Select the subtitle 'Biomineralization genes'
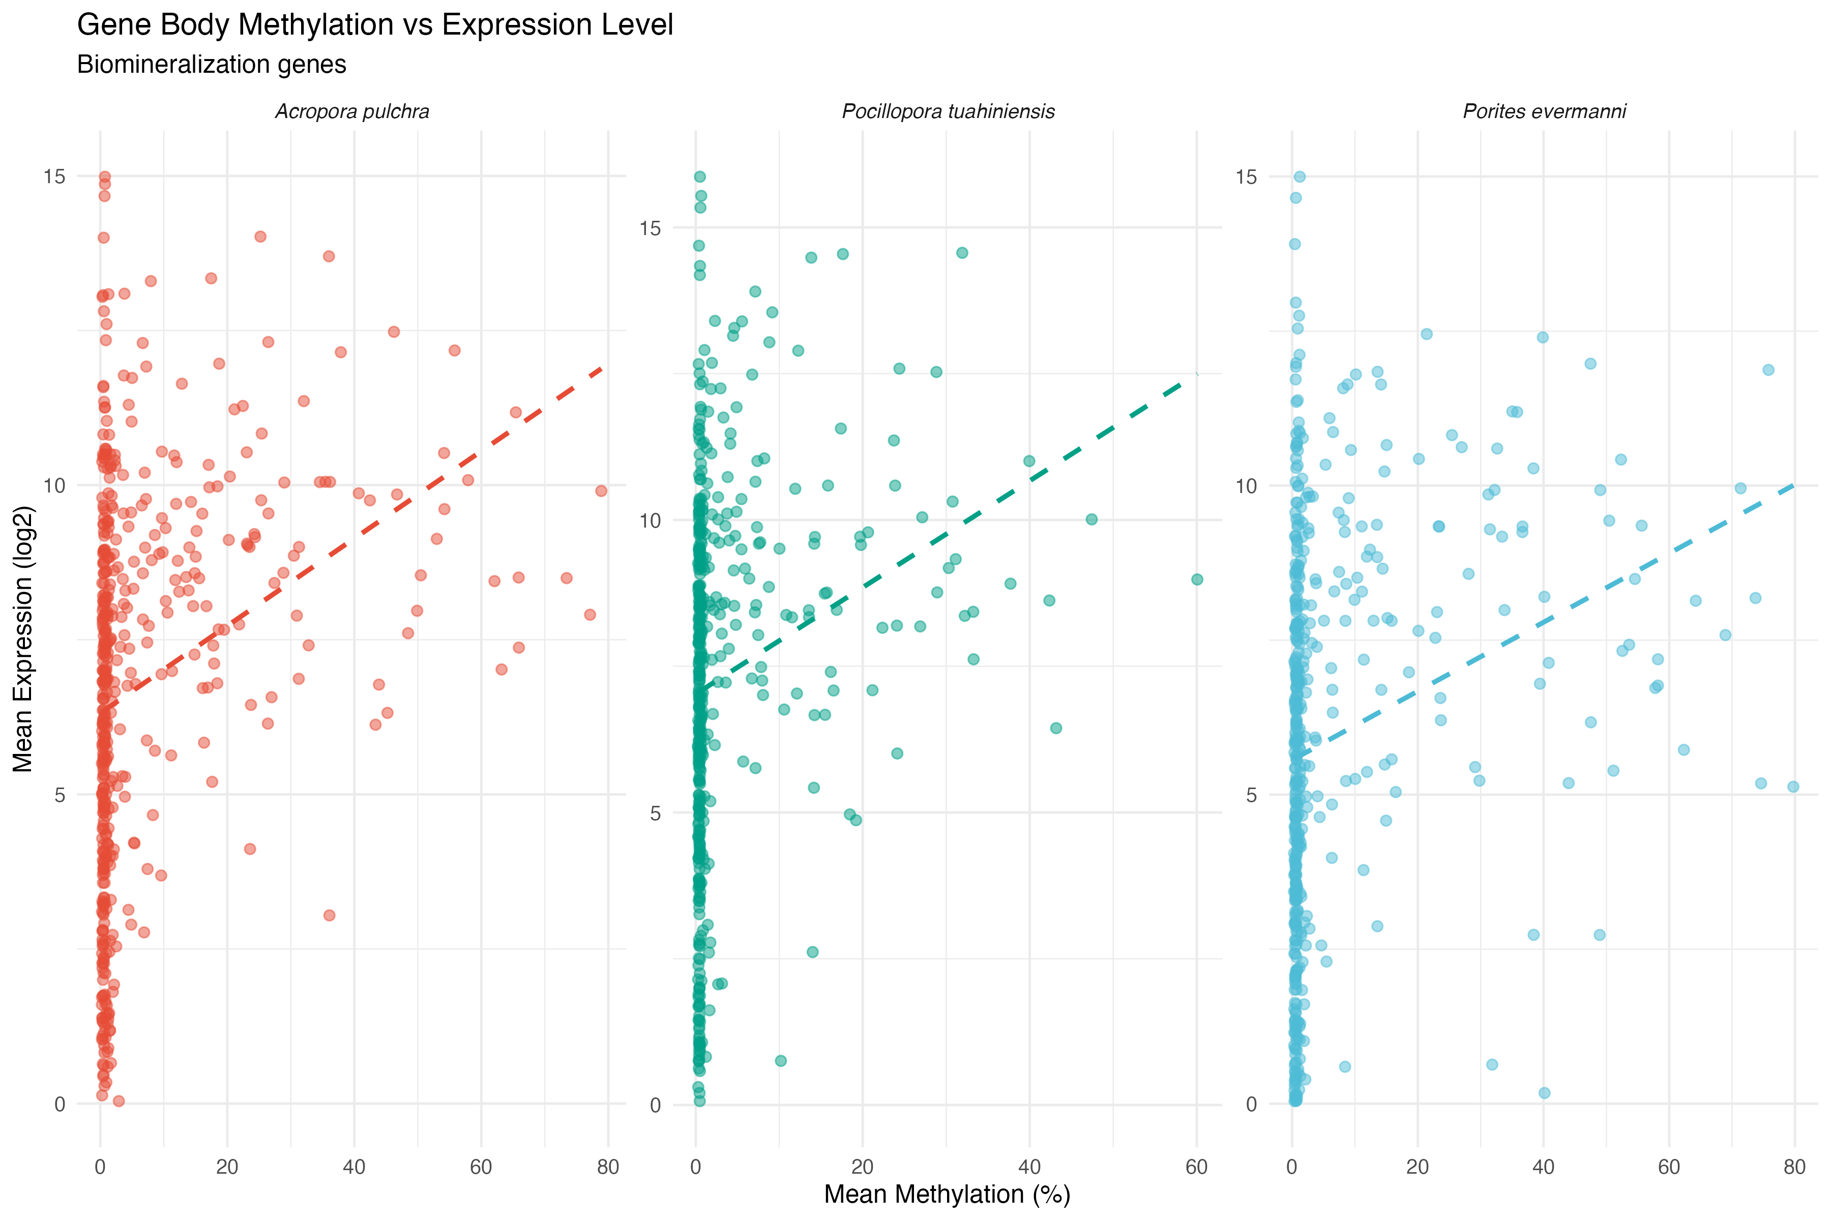coord(211,65)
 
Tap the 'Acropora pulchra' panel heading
coord(352,112)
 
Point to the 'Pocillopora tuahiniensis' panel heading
coord(948,112)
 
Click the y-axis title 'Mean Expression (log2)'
coord(23,638)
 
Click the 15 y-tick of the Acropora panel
coord(54,177)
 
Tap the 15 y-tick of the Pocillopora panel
coord(650,228)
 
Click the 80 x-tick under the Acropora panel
coord(607,1167)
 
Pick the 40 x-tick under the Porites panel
coord(1543,1167)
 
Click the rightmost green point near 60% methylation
coord(1197,579)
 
